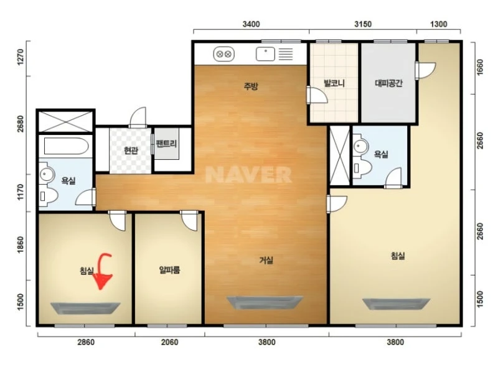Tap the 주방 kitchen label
coord(251,86)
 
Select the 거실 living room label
coord(266,261)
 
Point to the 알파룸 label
coord(169,270)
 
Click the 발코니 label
coord(334,83)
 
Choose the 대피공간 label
coord(388,83)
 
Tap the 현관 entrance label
coord(131,150)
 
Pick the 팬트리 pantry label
coord(166,144)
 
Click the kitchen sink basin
coord(266,54)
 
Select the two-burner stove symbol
coord(223,54)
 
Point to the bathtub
coord(66,146)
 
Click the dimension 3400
coord(251,24)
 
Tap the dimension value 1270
coord(20,57)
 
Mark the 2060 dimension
coord(169,342)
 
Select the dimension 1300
coord(439,24)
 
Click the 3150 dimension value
coord(363,24)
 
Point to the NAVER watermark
coord(248,175)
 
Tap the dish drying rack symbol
coord(286,54)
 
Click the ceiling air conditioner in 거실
coord(265,303)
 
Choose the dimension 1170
coord(20,192)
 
